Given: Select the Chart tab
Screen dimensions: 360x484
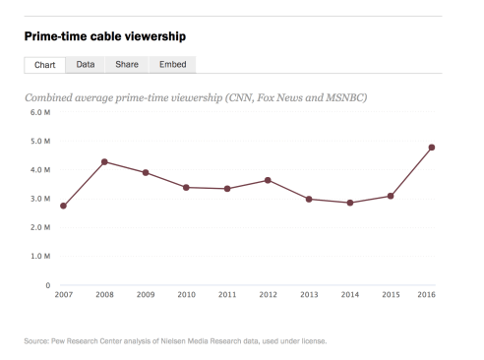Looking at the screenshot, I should tap(44, 65).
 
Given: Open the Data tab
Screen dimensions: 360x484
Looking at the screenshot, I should tap(86, 65).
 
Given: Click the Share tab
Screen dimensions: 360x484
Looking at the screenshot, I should tap(126, 65).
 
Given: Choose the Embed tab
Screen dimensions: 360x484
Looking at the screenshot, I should tap(173, 65).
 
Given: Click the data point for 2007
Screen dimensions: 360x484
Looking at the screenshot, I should tap(63, 206).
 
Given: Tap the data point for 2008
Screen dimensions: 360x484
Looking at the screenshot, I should tap(104, 161).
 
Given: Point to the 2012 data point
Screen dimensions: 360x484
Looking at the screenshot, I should tap(268, 180).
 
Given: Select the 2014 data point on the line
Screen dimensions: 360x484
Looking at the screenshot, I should tap(349, 203).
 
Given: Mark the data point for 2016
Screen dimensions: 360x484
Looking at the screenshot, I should tap(431, 148).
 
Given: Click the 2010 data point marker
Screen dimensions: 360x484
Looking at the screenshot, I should tap(186, 187).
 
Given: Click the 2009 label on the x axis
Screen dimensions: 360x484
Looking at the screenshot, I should tap(145, 295).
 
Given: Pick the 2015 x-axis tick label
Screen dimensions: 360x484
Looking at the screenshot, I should tap(391, 295).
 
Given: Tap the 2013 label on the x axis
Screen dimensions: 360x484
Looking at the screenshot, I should tap(308, 295).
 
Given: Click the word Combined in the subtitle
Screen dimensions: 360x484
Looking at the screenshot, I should tap(56, 97).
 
